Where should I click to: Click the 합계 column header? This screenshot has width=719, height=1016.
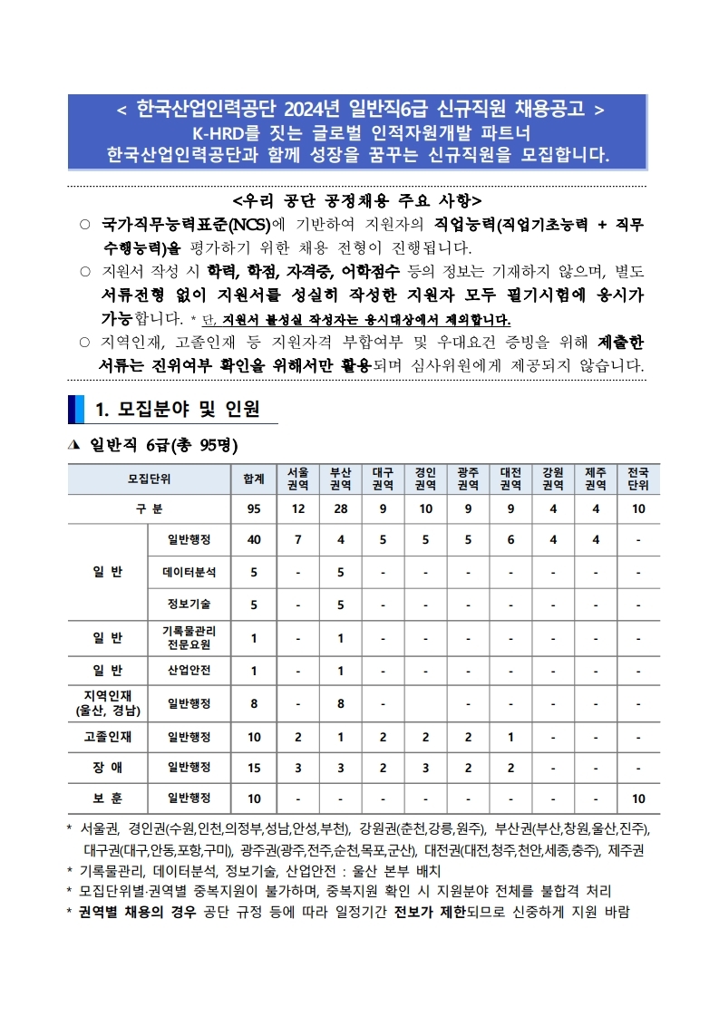[254, 479]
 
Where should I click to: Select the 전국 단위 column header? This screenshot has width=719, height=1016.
[638, 479]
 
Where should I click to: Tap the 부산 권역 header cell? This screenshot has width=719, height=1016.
[340, 479]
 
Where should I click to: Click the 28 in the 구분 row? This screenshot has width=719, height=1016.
[340, 508]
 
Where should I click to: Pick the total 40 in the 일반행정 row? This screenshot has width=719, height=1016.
[254, 540]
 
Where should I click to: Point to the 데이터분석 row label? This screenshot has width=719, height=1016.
[189, 572]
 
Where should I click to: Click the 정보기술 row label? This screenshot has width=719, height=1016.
[189, 604]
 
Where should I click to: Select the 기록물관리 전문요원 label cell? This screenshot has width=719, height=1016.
[189, 638]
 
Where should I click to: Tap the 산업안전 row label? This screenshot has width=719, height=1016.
[189, 671]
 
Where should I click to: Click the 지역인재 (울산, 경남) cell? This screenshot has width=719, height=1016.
[108, 702]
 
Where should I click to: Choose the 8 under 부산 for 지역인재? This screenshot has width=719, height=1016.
[340, 702]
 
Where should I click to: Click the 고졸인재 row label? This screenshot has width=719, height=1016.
[108, 735]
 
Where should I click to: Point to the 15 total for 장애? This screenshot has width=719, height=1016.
[254, 767]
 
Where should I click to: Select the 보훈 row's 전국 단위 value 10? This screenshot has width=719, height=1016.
[638, 798]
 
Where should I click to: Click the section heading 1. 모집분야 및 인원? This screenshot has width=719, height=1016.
[178, 410]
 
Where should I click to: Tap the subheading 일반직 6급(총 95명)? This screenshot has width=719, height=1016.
[163, 446]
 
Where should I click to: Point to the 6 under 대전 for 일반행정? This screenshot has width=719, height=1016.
[510, 540]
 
